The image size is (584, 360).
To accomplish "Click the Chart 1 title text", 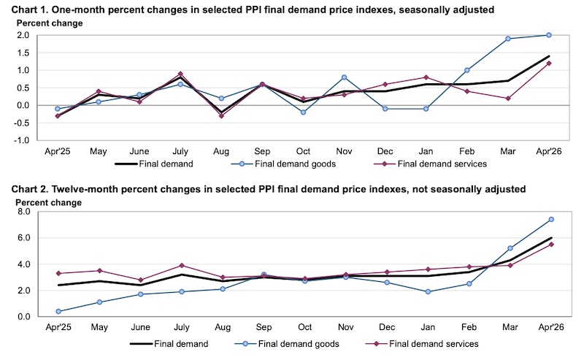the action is pos(253,9).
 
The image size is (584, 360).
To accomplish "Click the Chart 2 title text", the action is pos(268,189).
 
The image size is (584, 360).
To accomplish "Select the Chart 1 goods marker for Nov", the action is pos(344,77).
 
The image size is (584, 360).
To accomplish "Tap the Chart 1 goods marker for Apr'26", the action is pos(549,35).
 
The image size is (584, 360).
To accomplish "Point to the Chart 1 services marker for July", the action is pos(180,74).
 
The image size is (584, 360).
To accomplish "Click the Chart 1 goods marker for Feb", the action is pos(466,70).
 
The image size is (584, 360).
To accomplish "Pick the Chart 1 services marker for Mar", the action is pos(507,99).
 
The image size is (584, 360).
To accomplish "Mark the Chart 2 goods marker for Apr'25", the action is pos(58,311).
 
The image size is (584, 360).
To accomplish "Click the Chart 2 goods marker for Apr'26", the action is pos(551,220).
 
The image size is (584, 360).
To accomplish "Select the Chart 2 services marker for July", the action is pos(182,265).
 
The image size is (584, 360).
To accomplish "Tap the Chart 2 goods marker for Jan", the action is pos(428,292).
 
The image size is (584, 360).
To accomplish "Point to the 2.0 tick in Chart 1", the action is pos(23,35).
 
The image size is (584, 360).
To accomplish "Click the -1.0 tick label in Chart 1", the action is pos(21,140).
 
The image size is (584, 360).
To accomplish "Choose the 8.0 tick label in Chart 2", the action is pos(23,212).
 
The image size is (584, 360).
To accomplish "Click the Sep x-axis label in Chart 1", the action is pos(262,151).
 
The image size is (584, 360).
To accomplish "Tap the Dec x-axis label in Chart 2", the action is pos(387,327).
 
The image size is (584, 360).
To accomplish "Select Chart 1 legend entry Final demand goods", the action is pos(283,164).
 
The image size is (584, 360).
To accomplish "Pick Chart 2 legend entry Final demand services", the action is pos(423,344).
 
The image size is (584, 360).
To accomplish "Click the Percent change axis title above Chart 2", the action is pos(48,203).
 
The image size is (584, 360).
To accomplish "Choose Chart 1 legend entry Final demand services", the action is pos(430,164).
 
